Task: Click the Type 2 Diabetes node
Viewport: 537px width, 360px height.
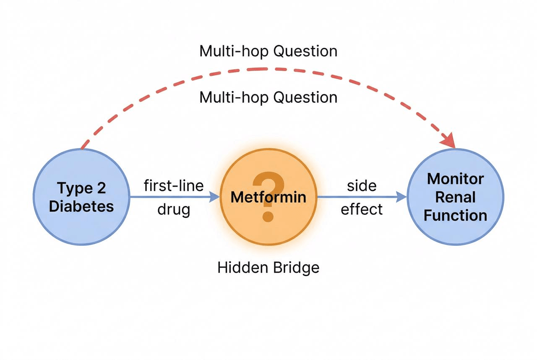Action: click(81, 197)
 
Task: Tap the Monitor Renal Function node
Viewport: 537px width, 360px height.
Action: click(455, 197)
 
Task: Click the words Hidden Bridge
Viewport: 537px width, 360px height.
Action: click(268, 267)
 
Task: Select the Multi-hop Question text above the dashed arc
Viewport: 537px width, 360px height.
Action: click(268, 51)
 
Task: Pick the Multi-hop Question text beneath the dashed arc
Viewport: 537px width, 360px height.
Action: click(268, 97)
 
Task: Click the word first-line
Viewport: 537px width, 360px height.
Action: click(174, 185)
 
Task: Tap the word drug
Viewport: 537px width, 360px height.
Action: click(174, 209)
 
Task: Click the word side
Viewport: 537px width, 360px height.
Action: click(362, 185)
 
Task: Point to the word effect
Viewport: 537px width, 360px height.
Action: click(362, 209)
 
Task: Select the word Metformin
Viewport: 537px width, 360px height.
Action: click(268, 197)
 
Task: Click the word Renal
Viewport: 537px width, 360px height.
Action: click(455, 197)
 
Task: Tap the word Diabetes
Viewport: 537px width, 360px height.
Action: click(81, 206)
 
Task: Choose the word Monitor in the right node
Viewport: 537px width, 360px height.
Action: click(455, 179)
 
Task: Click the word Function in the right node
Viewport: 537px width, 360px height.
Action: click(455, 215)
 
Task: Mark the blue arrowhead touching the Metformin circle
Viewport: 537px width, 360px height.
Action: click(215, 196)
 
